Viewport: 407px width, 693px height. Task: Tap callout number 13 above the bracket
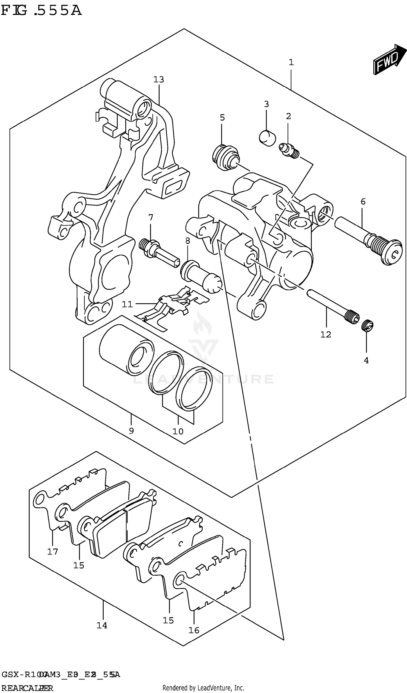(158, 80)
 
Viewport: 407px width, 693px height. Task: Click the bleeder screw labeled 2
(289, 150)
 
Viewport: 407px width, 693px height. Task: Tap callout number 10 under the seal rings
(178, 431)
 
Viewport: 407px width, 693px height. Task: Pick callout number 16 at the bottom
(194, 630)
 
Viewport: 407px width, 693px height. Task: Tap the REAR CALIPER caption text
(27, 688)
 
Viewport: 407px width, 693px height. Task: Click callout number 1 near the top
(291, 63)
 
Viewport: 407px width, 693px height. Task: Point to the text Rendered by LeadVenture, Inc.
(203, 688)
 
